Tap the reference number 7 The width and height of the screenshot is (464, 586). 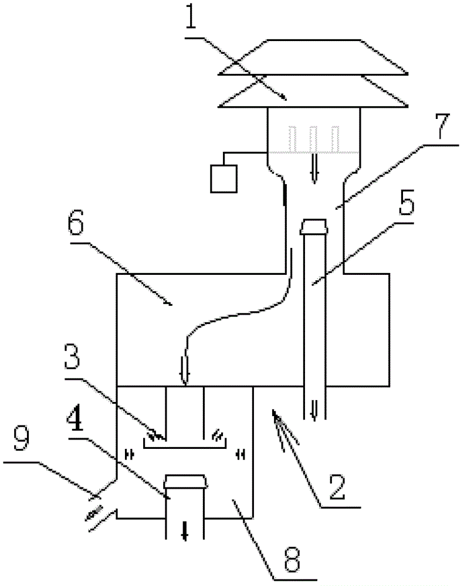click(x=442, y=126)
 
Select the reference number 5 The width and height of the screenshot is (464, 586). click(x=407, y=202)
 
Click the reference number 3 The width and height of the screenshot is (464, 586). click(x=72, y=357)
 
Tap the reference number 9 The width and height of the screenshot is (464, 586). click(x=21, y=437)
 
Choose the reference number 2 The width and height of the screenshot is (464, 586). click(x=337, y=487)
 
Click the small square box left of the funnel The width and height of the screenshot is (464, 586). click(x=223, y=179)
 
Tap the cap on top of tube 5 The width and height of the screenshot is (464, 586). click(x=314, y=227)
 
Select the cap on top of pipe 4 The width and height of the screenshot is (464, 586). click(x=185, y=482)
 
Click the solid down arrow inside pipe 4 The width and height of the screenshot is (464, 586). click(x=184, y=532)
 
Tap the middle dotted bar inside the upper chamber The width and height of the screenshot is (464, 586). click(x=314, y=139)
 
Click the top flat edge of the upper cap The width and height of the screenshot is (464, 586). click(x=314, y=40)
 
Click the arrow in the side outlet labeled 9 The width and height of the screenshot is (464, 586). click(x=94, y=512)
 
